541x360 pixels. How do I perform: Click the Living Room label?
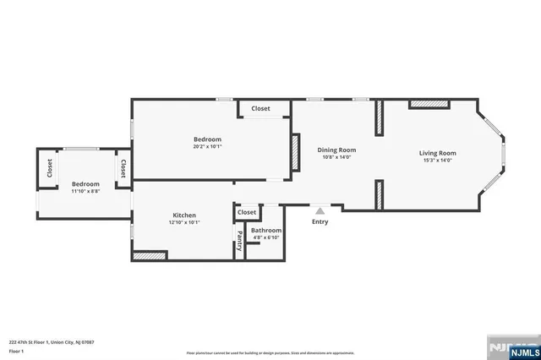point(437,153)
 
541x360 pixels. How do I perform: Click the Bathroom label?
point(265,230)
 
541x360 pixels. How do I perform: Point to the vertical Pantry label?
point(239,241)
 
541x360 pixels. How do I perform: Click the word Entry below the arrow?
point(320,222)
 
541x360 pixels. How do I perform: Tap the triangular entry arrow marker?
point(320,211)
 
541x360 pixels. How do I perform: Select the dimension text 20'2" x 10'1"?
point(207,146)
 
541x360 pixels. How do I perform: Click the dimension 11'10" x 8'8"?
point(85,192)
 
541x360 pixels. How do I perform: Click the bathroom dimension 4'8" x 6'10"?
point(265,237)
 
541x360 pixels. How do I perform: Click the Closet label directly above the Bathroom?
point(247,212)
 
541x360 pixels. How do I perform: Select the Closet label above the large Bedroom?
point(260,108)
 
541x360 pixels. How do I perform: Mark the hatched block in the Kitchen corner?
point(150,255)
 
